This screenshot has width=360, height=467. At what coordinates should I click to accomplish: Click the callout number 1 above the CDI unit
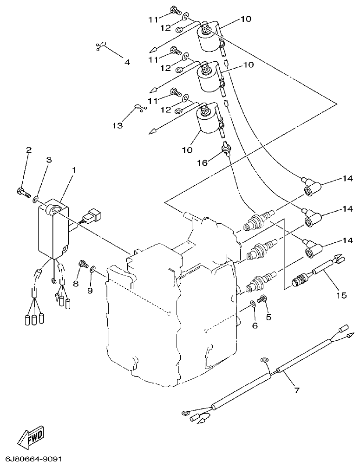pos(73,170)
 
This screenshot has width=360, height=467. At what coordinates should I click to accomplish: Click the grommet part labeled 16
pos(226,149)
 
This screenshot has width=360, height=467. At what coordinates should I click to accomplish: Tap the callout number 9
pos(91,291)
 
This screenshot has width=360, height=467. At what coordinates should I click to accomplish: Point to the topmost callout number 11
pos(154,19)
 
